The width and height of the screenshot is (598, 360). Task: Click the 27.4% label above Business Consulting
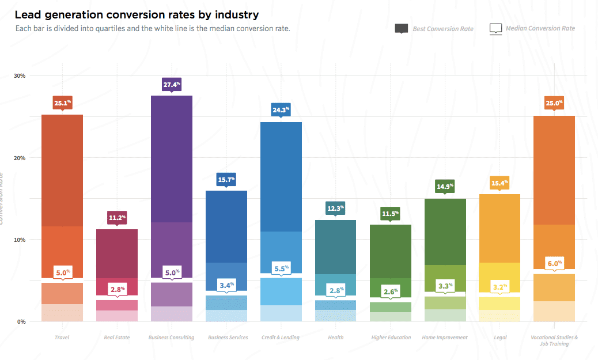tap(172, 85)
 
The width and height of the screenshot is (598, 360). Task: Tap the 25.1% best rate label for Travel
tap(62, 104)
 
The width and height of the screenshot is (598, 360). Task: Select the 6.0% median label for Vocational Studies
tap(554, 263)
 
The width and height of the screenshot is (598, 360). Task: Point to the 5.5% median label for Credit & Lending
tap(281, 268)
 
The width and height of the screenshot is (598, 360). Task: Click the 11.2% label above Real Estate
tap(117, 218)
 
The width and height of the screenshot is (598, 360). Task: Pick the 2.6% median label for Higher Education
tap(390, 291)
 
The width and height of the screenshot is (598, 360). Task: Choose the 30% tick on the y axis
tap(19, 76)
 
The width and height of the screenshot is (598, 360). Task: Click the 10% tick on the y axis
tap(19, 240)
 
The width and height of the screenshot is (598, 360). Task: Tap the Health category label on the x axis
tap(335, 338)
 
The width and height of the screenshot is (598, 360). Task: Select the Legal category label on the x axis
tap(499, 338)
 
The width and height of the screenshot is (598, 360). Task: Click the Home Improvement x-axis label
tap(444, 338)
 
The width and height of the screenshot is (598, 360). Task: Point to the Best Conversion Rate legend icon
tap(402, 28)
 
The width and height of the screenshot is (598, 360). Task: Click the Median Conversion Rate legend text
tap(540, 28)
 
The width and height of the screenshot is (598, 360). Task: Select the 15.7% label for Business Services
tap(226, 180)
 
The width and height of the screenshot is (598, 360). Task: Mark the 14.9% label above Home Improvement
tap(445, 186)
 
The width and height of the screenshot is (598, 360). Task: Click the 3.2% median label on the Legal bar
tap(499, 286)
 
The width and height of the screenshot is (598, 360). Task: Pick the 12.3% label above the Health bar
tap(335, 208)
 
